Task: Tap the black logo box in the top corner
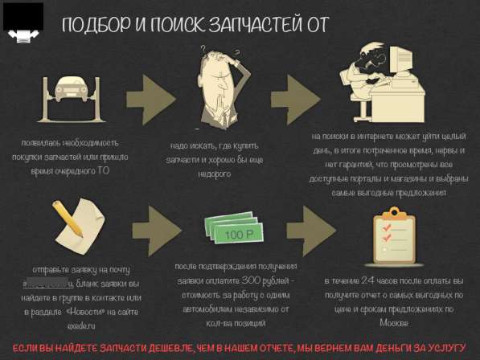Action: [23, 19]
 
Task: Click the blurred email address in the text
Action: [49, 284]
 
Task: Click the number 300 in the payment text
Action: [251, 279]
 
